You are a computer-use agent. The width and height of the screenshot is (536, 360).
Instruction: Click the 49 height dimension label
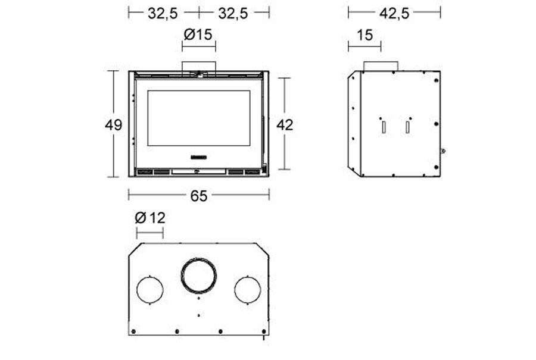pyautogui.click(x=114, y=125)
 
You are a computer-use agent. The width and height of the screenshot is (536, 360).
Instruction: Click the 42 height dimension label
pyautogui.click(x=285, y=125)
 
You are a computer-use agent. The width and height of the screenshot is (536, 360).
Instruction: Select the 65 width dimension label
pyautogui.click(x=199, y=196)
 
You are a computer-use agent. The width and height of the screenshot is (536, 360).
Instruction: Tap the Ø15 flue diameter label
pyautogui.click(x=198, y=35)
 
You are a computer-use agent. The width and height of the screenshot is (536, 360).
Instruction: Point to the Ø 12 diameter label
pyautogui.click(x=150, y=218)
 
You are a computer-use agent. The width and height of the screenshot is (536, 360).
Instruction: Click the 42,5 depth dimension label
pyautogui.click(x=394, y=14)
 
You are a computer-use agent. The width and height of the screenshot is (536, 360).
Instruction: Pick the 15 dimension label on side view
pyautogui.click(x=364, y=35)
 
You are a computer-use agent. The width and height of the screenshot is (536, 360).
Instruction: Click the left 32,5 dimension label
pyautogui.click(x=163, y=14)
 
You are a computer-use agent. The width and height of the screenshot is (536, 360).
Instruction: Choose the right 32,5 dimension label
pyautogui.click(x=233, y=14)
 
